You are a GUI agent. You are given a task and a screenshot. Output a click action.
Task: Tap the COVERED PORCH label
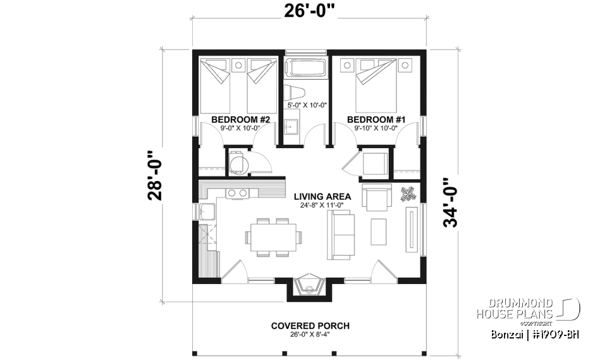pyautogui.click(x=310, y=326)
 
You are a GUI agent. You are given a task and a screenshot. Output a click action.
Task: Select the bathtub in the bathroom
pyautogui.click(x=305, y=68)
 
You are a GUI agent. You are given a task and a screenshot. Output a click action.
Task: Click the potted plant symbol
pyautogui.click(x=408, y=193)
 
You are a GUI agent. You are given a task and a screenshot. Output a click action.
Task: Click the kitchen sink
pyautogui.click(x=207, y=212)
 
